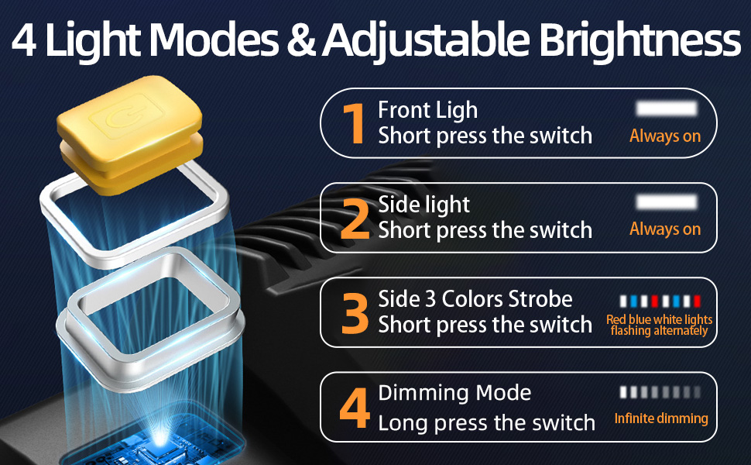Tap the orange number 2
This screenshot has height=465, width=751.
point(355,219)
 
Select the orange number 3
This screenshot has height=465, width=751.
point(355,312)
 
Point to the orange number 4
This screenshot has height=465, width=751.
point(355,412)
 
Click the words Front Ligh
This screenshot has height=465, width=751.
point(427,111)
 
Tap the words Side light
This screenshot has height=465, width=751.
point(424,205)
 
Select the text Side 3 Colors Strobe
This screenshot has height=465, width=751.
point(475,299)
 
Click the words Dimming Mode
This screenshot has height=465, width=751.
point(454,393)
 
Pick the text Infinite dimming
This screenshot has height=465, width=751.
point(661,418)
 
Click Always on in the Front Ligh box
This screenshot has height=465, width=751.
point(665,136)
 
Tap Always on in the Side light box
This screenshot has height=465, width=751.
point(665,229)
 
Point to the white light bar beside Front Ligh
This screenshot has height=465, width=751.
point(666,108)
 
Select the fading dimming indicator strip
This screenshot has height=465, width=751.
point(660,392)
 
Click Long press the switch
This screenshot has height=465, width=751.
point(486,423)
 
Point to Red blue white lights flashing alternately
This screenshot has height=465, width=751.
point(660,325)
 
